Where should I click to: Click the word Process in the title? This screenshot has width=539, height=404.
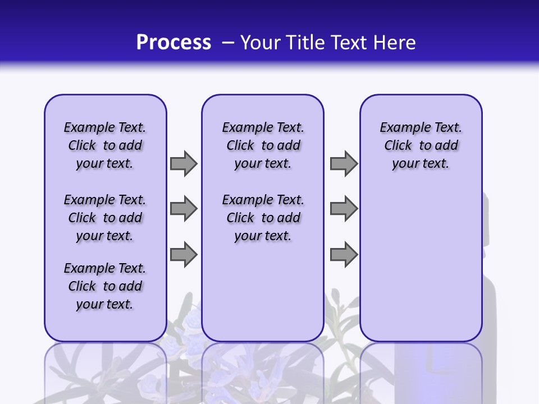click(x=173, y=43)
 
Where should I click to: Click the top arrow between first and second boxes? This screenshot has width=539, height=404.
click(x=184, y=163)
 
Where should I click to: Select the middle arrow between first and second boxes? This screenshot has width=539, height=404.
click(x=184, y=209)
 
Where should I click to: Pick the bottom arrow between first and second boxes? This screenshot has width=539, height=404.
click(x=184, y=255)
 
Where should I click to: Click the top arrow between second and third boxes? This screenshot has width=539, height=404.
click(x=344, y=163)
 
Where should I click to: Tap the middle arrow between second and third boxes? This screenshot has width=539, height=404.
click(x=344, y=209)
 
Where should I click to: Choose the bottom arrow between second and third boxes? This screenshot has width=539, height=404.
click(x=344, y=255)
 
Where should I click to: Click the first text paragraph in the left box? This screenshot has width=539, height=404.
click(x=105, y=145)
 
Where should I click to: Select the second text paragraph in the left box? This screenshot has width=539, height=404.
click(x=105, y=218)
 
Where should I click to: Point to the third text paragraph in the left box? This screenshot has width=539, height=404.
click(x=105, y=286)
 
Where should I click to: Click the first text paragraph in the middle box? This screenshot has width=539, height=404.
click(x=263, y=145)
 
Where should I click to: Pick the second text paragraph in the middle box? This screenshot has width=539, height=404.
click(x=263, y=218)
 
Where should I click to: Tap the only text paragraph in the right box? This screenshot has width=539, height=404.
click(x=421, y=145)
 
